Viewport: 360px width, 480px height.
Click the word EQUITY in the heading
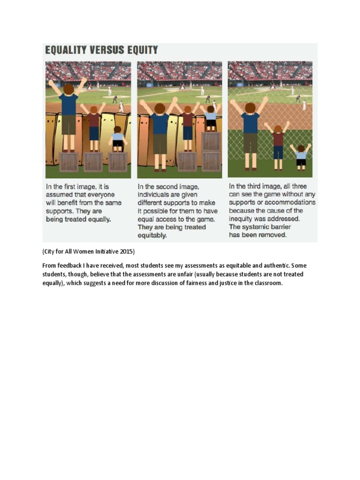(141, 50)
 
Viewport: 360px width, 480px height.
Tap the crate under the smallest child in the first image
(117, 162)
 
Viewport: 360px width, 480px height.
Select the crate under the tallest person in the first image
(69, 162)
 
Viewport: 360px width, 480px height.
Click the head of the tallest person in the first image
(69, 89)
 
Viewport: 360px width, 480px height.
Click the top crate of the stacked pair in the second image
(211, 141)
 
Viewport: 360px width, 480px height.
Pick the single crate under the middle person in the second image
(187, 162)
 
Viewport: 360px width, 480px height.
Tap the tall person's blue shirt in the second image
(160, 124)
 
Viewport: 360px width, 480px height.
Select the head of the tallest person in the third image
(250, 108)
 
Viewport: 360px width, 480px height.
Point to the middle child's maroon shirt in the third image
(278, 139)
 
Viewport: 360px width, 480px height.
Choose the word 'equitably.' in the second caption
(152, 235)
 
